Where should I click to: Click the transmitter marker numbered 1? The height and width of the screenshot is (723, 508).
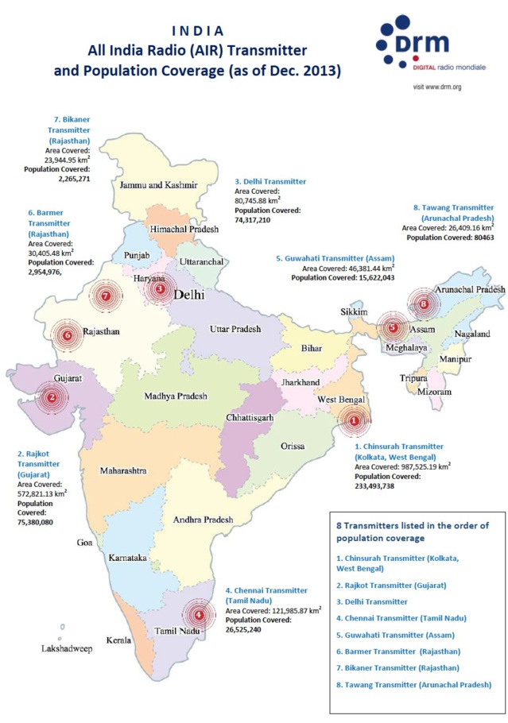click(x=355, y=422)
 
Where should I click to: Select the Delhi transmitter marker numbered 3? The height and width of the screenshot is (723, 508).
click(x=160, y=289)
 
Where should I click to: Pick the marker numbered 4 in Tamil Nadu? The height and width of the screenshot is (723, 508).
click(x=199, y=613)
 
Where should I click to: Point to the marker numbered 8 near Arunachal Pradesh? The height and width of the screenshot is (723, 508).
click(x=424, y=304)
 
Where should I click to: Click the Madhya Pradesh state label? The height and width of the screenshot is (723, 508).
click(x=176, y=396)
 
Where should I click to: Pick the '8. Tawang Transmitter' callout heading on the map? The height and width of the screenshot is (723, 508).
click(x=453, y=212)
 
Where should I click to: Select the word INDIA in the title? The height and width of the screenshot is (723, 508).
click(x=197, y=31)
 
